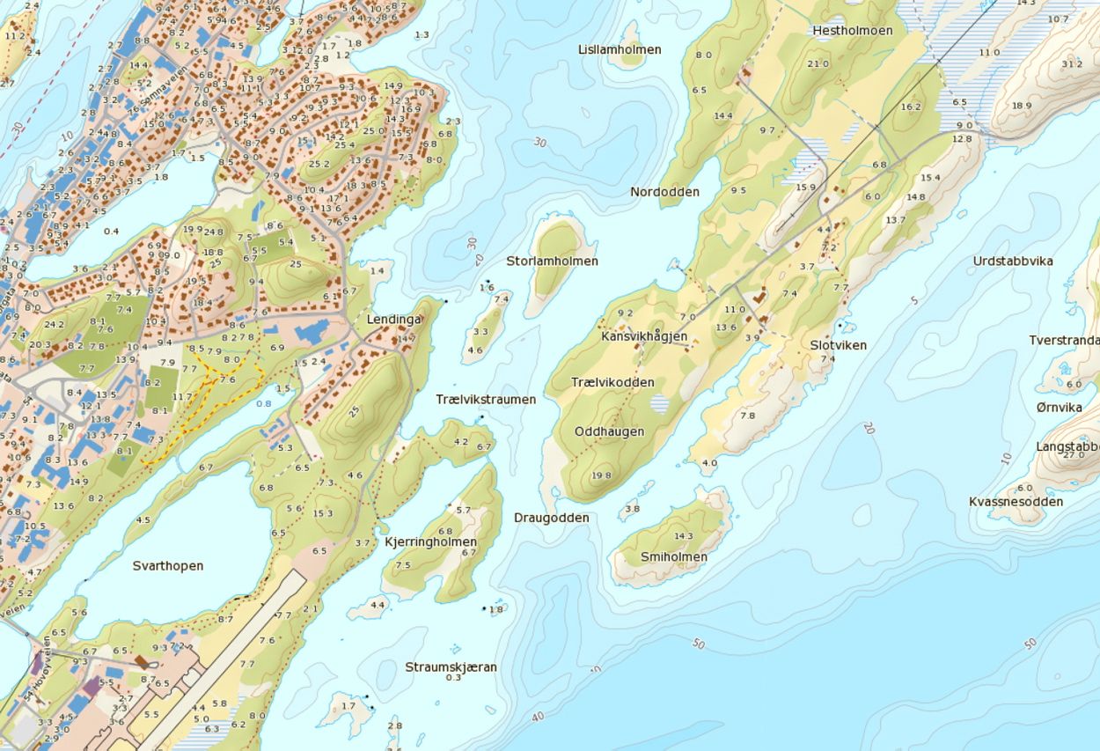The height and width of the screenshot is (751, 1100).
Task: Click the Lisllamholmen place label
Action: [x=620, y=49]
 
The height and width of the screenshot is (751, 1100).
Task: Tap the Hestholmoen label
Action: [x=852, y=30]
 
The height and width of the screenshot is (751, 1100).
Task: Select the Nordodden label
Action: [x=664, y=192]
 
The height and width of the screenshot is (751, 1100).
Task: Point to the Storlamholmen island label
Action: [x=552, y=261]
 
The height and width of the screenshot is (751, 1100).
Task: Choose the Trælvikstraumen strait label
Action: [x=486, y=399]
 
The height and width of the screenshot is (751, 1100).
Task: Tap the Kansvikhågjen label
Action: [x=644, y=336]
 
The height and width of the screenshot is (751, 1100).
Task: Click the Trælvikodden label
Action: [x=612, y=382]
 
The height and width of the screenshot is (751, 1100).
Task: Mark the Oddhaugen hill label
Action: [x=609, y=431]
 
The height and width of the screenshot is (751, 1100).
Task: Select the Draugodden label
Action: [x=552, y=518]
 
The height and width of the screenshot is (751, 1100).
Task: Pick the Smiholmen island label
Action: [x=673, y=556]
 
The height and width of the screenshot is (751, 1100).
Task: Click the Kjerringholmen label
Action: [x=431, y=541]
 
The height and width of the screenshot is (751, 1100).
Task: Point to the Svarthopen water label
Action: [x=168, y=565]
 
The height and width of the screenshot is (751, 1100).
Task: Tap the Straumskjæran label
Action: [x=451, y=666]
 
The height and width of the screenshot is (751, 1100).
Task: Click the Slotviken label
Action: [x=838, y=345]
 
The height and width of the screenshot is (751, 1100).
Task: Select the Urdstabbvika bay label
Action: [x=1013, y=261]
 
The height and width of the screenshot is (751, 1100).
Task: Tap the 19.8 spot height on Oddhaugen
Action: [x=602, y=475]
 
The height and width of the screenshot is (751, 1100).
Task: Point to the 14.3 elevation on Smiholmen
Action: [x=683, y=535]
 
